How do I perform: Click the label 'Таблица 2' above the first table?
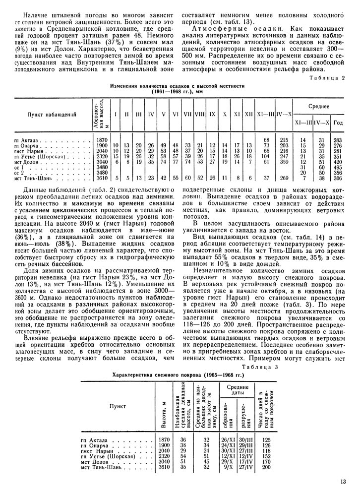[x=330, y=78]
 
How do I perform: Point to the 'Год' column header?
[x=338, y=123]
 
